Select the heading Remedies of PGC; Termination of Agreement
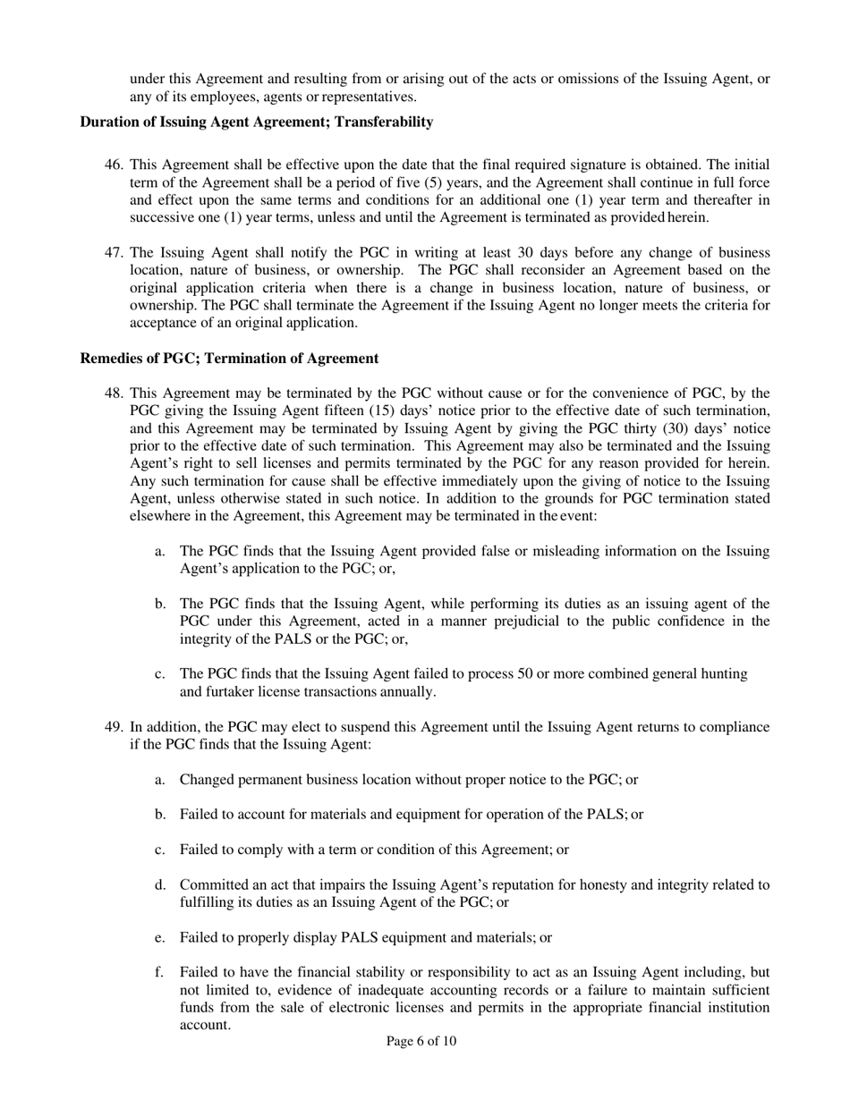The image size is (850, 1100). point(229,359)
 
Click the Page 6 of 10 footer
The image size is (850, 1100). point(421,1041)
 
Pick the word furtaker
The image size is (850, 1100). point(231,692)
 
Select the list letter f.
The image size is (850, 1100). point(159,972)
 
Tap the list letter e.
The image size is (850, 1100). point(159,938)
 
